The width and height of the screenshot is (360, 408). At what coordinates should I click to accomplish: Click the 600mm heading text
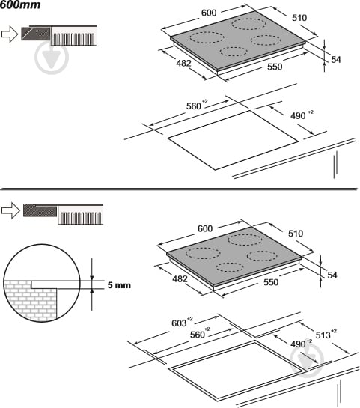[x=20, y=4]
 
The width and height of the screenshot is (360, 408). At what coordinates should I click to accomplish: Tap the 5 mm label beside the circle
[x=119, y=285]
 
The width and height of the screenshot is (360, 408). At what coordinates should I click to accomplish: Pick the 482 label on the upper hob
[x=183, y=63]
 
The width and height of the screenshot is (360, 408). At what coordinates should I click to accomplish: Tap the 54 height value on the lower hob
[x=332, y=275]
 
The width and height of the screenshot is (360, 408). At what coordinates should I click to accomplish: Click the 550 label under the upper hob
[x=275, y=67]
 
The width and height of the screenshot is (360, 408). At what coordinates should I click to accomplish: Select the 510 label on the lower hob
[x=296, y=233]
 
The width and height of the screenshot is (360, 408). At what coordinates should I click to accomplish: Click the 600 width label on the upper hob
[x=209, y=13]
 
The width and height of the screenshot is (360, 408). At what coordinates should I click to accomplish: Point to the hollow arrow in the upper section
[x=10, y=34]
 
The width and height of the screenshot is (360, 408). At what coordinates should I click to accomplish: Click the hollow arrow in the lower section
[x=10, y=210]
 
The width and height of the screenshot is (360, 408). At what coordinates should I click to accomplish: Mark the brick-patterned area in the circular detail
[x=30, y=301]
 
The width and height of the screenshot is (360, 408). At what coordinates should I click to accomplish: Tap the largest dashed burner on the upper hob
[x=248, y=24]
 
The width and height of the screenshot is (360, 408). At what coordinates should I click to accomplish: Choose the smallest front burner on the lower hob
[x=230, y=267]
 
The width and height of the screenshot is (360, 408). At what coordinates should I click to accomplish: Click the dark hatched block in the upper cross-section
[x=36, y=34]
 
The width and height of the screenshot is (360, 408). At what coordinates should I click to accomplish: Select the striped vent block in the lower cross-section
[x=80, y=215]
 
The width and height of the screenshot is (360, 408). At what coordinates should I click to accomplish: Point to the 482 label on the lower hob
[x=180, y=279]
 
